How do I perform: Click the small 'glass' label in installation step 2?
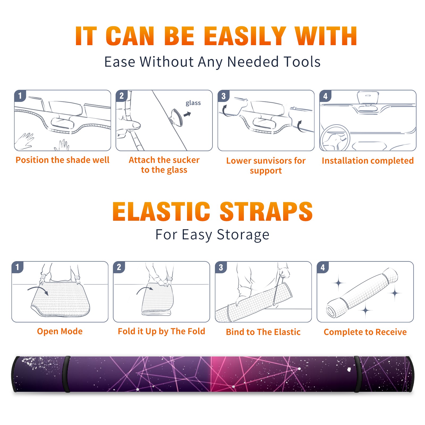click(x=193, y=103)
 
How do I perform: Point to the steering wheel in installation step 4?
click(x=335, y=138)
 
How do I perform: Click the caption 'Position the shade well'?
click(x=62, y=160)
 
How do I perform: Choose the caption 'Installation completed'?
click(x=368, y=160)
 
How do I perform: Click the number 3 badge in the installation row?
click(x=223, y=96)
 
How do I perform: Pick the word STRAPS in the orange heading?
click(x=266, y=211)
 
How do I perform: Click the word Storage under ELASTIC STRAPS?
click(x=243, y=235)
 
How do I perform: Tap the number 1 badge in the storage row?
click(x=18, y=267)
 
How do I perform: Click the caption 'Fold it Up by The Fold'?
click(x=161, y=331)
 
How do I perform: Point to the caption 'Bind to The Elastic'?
click(x=263, y=332)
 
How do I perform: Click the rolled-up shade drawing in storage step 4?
click(x=362, y=293)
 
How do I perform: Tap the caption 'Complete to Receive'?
click(x=365, y=332)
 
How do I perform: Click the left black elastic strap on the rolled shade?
click(x=66, y=374)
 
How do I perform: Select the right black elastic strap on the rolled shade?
click(x=358, y=374)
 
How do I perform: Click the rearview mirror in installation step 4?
click(x=368, y=97)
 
